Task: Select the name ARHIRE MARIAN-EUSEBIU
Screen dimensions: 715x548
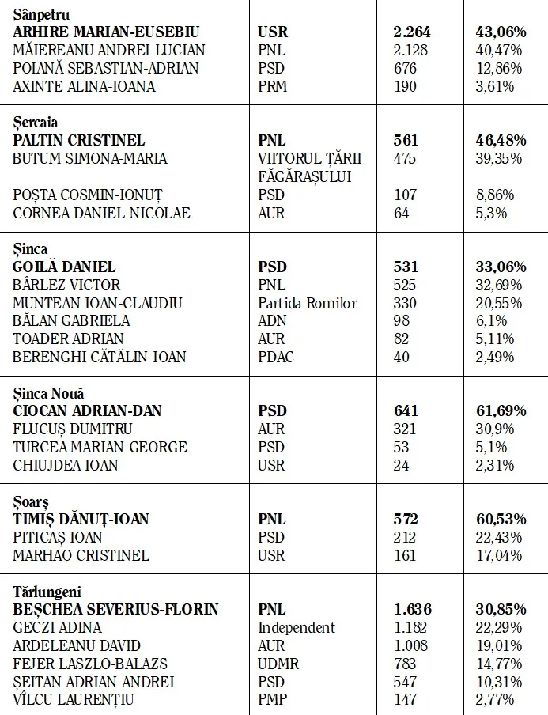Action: pyautogui.click(x=106, y=32)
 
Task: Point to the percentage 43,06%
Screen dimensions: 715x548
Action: pyautogui.click(x=501, y=32)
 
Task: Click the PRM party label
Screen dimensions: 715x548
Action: pyautogui.click(x=273, y=86)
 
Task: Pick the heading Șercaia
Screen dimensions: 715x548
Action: pyautogui.click(x=35, y=122)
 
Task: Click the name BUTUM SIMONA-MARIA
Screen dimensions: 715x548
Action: pyautogui.click(x=90, y=158)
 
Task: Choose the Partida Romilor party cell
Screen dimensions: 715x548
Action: pyautogui.click(x=308, y=303)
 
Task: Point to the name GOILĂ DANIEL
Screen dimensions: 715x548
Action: pyautogui.click(x=65, y=267)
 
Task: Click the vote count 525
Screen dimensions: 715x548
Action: pyautogui.click(x=406, y=285)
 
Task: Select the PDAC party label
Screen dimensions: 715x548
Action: pyautogui.click(x=276, y=357)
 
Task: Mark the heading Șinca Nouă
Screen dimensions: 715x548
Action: pyautogui.click(x=48, y=393)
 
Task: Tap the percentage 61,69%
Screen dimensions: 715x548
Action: pyautogui.click(x=501, y=410)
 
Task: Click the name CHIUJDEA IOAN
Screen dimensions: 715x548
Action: pyautogui.click(x=66, y=465)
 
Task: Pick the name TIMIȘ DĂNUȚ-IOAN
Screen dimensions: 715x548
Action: pyautogui.click(x=81, y=519)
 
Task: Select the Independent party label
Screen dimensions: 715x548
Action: pyautogui.click(x=297, y=627)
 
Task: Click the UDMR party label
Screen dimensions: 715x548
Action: pyautogui.click(x=278, y=664)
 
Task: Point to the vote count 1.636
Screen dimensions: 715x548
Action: pyautogui.click(x=412, y=610)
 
